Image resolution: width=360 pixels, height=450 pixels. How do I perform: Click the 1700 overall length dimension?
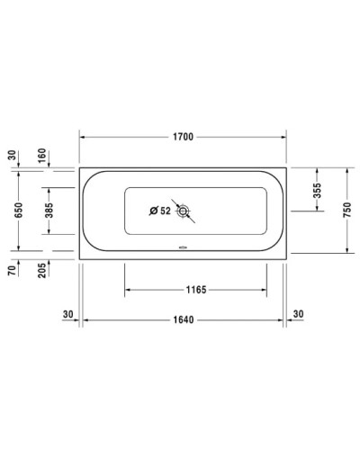pos(183,138)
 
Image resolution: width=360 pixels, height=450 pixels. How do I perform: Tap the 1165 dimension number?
pos(195,290)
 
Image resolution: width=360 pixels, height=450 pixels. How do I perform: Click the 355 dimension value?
pos(316,191)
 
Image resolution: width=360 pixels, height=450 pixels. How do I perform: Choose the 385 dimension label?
pos(50,211)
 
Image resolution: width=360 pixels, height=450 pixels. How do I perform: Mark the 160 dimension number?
pos(43,155)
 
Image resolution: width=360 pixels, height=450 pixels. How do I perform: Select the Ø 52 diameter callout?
pos(159,211)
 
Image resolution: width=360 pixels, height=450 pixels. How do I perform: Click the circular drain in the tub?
pos(184,212)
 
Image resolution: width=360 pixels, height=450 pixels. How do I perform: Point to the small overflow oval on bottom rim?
pos(183,250)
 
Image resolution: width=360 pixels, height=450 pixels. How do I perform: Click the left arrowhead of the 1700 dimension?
pos(85,138)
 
